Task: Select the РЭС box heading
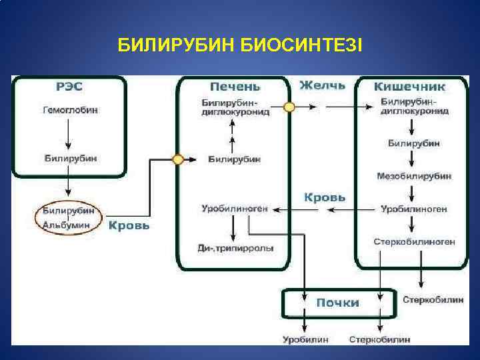[69, 87]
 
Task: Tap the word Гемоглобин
[70, 111]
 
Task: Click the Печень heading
[235, 87]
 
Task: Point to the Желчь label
[323, 85]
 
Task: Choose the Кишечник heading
[409, 87]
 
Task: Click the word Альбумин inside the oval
[67, 225]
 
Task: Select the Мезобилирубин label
[414, 176]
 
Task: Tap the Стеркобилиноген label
[414, 241]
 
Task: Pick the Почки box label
[337, 303]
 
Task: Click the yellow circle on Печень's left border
[178, 160]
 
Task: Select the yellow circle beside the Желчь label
[289, 107]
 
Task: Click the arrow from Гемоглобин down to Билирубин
[70, 135]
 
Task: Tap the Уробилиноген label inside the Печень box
[235, 209]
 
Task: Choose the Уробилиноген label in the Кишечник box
[414, 209]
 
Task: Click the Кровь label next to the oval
[129, 225]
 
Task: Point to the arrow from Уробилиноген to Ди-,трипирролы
[233, 229]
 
